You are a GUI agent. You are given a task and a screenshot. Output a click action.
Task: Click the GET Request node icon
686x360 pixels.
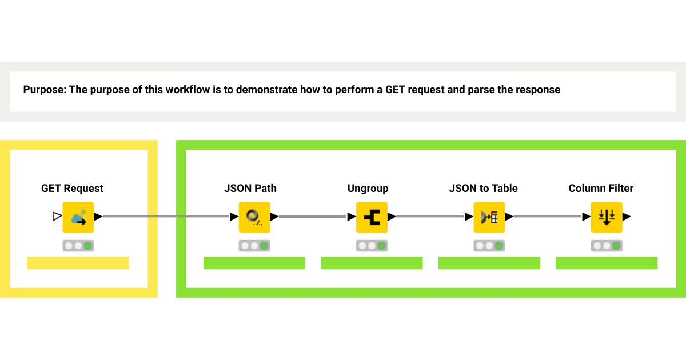[x=78, y=217]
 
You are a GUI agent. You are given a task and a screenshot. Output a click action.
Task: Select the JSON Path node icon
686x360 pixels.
[x=254, y=217]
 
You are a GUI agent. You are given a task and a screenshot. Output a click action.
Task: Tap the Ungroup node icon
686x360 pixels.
[x=372, y=217]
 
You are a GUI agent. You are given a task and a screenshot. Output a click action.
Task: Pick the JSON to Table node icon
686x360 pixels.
[x=489, y=217]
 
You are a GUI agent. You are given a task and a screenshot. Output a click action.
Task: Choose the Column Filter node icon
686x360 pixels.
[x=607, y=217]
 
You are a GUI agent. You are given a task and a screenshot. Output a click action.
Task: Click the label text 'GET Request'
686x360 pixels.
[x=72, y=189]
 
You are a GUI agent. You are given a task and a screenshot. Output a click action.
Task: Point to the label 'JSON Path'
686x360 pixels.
[x=250, y=189]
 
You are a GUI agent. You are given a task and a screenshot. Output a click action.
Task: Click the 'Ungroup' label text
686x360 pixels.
[x=368, y=189]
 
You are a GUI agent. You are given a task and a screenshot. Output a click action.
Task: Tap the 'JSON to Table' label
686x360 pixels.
[x=484, y=189]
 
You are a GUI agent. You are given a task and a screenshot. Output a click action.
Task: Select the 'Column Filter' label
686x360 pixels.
[x=601, y=189]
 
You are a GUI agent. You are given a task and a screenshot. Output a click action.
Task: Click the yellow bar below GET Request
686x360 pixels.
[x=78, y=263]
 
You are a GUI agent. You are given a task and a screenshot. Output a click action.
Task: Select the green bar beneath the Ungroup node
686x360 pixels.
[x=372, y=263]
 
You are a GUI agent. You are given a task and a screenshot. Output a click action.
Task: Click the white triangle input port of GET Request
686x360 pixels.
[x=57, y=217]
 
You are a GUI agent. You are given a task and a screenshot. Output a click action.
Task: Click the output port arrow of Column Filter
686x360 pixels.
[x=627, y=217]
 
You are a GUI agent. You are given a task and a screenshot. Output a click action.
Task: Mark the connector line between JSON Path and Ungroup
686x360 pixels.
[x=312, y=217]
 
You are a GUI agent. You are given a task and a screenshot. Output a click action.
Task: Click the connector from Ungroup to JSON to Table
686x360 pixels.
[x=430, y=217]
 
